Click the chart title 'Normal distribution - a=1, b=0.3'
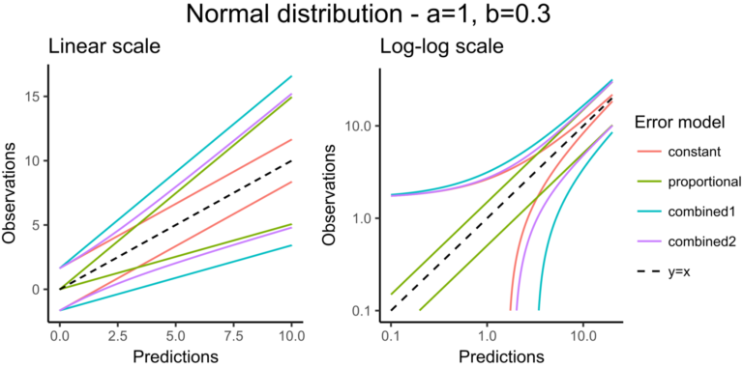pyautogui.click(x=371, y=16)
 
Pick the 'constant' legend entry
pyautogui.click(x=694, y=153)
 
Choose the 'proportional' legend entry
pyautogui.click(x=703, y=183)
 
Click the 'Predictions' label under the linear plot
pyautogui.click(x=176, y=355)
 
